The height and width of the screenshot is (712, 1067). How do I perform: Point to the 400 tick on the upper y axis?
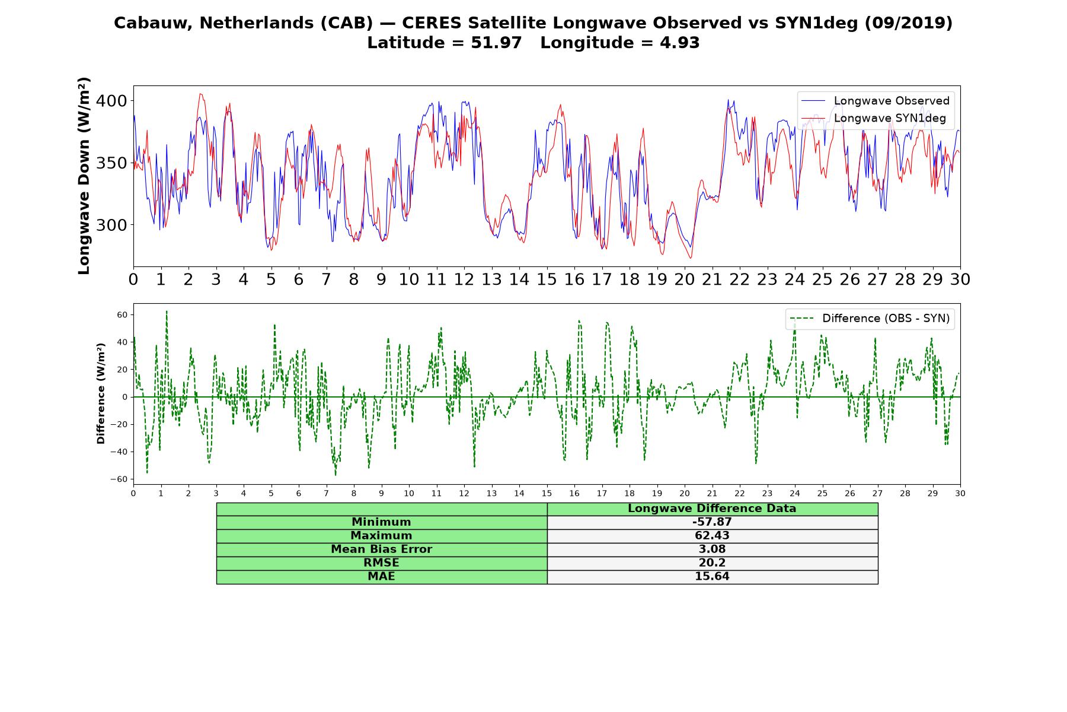(x=111, y=101)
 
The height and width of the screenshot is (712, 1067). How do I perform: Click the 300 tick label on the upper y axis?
(x=111, y=225)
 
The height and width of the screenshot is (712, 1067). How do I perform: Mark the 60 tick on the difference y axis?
(x=122, y=314)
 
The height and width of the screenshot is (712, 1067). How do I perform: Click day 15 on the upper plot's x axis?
(x=547, y=279)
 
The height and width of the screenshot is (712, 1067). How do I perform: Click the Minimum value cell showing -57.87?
(x=712, y=522)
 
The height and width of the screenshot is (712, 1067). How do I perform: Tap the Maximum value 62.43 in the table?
(x=712, y=536)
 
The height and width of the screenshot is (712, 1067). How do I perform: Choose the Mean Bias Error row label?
(x=381, y=549)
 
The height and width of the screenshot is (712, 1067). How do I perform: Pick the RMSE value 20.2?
(x=712, y=563)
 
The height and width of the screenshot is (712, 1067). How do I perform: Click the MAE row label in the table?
(x=381, y=577)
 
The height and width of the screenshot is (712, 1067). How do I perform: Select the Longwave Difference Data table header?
(x=712, y=508)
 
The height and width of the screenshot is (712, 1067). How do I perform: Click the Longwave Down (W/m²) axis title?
(x=84, y=176)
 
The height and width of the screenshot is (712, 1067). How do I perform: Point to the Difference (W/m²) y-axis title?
(x=101, y=393)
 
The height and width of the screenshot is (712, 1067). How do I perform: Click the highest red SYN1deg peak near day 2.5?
(x=201, y=94)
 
